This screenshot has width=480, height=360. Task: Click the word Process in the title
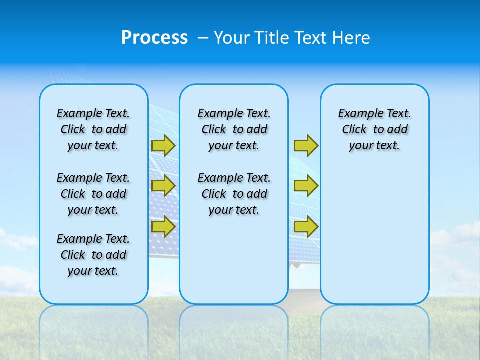[x=154, y=38]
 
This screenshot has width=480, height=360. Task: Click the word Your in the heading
[x=231, y=38]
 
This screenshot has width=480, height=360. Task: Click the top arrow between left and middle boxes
[x=163, y=145]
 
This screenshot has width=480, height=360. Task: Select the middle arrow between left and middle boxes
[x=163, y=186]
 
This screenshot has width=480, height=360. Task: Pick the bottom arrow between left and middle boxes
[x=163, y=226]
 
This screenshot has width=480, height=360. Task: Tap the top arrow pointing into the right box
[x=306, y=145]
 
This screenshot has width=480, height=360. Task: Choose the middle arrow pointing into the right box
[x=306, y=186]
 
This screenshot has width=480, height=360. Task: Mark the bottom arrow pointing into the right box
[x=306, y=226]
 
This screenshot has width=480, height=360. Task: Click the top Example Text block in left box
[x=93, y=129]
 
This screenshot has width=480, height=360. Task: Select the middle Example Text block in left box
[x=93, y=194]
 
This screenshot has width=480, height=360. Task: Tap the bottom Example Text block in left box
[x=93, y=255]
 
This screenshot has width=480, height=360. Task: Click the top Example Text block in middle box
[x=234, y=129]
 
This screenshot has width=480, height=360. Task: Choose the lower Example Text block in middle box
[x=234, y=194]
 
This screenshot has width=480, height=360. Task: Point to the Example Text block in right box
[x=374, y=129]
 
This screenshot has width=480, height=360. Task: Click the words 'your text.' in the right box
[x=374, y=146]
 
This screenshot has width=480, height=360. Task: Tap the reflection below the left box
[x=94, y=325]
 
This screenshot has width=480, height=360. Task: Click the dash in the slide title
[x=203, y=38]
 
